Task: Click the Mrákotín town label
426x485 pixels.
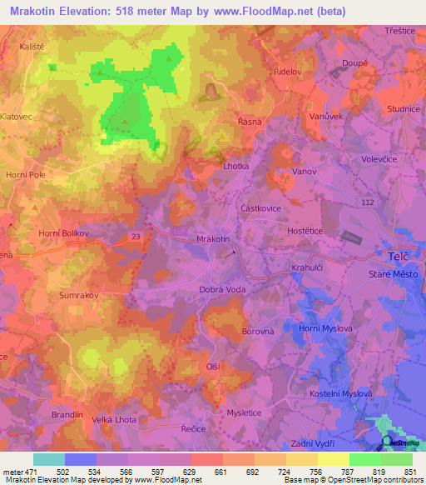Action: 212,239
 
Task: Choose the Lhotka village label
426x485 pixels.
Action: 236,166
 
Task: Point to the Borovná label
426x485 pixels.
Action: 258,331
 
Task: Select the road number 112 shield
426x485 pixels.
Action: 366,202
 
